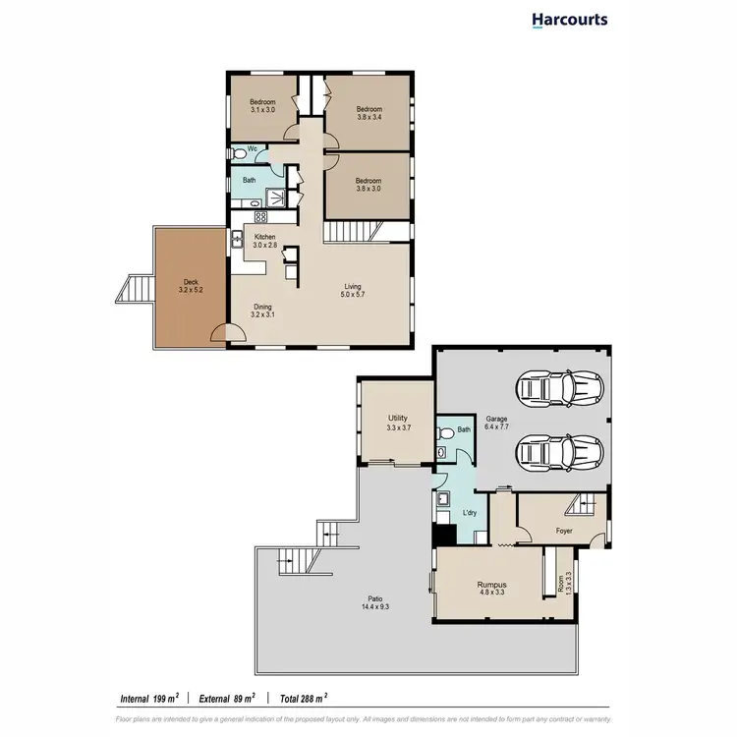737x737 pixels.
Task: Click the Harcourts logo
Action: [569, 20]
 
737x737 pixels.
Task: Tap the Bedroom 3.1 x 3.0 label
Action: [262, 106]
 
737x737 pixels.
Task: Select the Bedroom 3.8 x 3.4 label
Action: [368, 113]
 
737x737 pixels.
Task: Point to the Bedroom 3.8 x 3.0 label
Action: [368, 185]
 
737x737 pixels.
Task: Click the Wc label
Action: [253, 148]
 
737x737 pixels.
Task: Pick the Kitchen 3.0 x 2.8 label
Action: [265, 241]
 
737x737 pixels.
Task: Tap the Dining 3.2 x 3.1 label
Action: [262, 312]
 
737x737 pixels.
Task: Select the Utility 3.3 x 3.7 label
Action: [397, 423]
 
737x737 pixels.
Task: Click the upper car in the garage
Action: [561, 388]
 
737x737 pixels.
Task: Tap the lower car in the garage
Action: [561, 453]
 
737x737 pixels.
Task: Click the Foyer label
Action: [563, 531]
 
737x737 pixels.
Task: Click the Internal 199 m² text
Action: [147, 699]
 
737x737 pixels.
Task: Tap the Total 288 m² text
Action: [306, 699]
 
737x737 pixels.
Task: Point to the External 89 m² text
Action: [227, 699]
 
